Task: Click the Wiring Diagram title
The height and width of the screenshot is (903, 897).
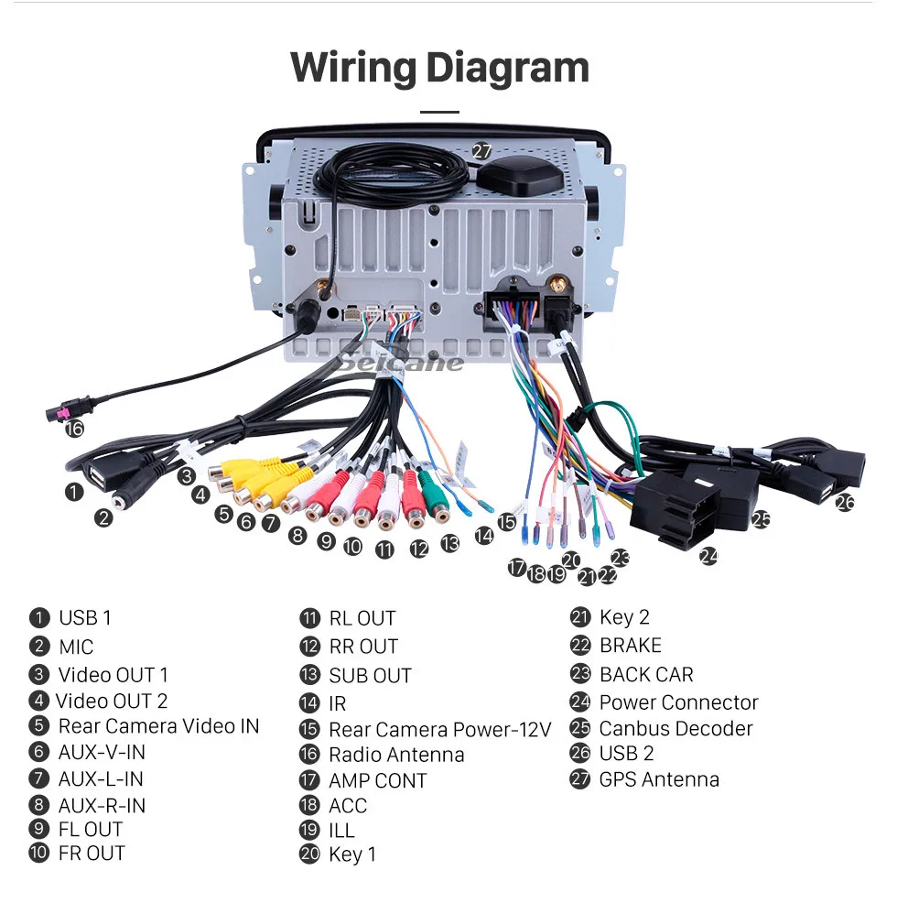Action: click(x=440, y=69)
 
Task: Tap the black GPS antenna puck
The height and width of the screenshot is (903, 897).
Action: click(x=521, y=176)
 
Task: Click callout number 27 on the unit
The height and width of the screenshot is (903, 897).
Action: click(x=481, y=151)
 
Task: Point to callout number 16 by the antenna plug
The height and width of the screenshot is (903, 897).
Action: click(x=74, y=429)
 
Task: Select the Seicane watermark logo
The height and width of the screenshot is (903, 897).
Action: click(x=400, y=362)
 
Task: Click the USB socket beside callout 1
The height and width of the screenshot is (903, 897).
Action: click(x=98, y=476)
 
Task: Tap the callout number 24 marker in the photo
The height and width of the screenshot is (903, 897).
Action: click(x=708, y=556)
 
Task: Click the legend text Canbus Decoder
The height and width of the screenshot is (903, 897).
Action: click(x=675, y=728)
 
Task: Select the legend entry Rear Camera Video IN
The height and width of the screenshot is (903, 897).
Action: click(x=159, y=725)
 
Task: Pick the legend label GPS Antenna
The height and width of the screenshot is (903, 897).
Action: click(x=659, y=779)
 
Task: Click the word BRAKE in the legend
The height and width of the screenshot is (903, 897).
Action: click(x=631, y=645)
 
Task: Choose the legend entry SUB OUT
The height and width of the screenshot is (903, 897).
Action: click(x=370, y=676)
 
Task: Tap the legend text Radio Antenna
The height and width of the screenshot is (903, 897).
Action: click(x=396, y=755)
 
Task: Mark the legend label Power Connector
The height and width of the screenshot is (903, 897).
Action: click(x=679, y=702)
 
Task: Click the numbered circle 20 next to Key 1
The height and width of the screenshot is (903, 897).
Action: click(x=309, y=853)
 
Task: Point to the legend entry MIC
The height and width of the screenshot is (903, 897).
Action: click(x=76, y=647)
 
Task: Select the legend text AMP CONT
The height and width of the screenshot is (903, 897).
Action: click(x=378, y=780)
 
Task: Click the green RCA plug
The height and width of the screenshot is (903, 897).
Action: click(x=433, y=495)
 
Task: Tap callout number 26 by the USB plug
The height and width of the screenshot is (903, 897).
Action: click(x=845, y=503)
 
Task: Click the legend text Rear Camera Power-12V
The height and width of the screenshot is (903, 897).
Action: click(x=440, y=729)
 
